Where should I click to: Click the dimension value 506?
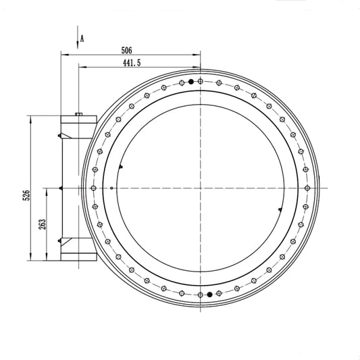(126, 50)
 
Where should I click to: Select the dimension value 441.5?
(132, 63)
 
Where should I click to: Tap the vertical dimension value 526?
(26, 195)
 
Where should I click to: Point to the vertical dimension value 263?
(43, 224)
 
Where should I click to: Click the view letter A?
(82, 38)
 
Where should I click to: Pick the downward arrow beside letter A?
(78, 37)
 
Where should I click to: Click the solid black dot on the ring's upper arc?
(190, 82)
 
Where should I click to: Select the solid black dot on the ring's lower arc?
(209, 294)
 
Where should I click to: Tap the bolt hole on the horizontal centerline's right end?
(307, 188)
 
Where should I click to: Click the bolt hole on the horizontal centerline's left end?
(93, 188)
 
